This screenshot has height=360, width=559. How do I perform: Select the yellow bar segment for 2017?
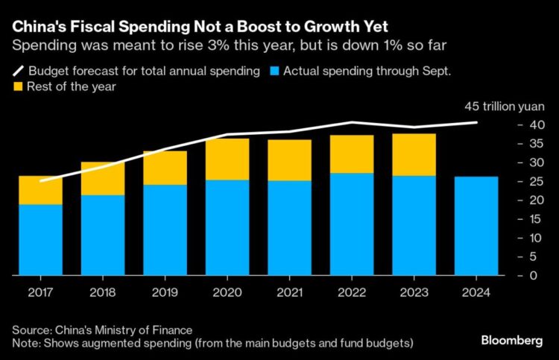point(41,190)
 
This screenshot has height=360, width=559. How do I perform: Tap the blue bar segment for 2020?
point(228,227)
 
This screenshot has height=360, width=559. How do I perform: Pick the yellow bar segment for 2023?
point(415,155)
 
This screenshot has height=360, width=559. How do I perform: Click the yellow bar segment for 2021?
point(290,160)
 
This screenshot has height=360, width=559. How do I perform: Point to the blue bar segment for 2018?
point(104,235)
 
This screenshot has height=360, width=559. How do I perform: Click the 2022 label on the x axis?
point(353,292)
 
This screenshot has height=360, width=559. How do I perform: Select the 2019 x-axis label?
point(165,292)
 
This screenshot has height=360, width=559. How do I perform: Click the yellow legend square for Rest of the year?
point(18,86)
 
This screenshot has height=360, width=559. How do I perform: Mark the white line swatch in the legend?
point(17,72)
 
